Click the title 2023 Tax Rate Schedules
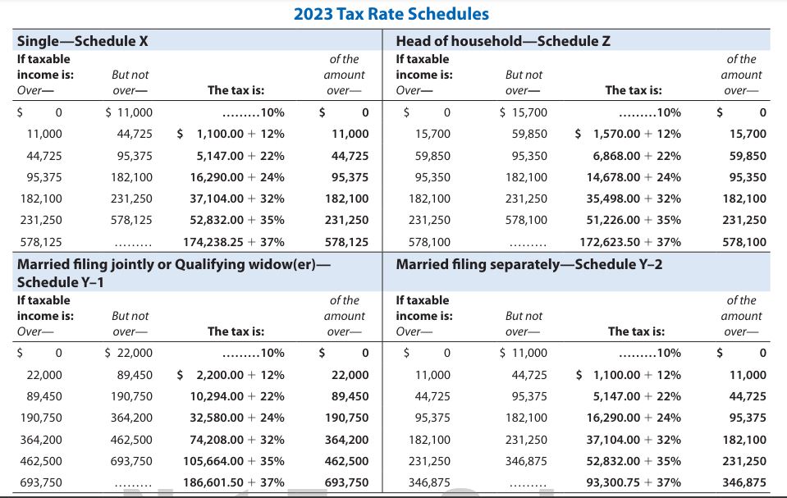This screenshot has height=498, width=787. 391,14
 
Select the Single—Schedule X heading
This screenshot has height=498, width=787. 82,41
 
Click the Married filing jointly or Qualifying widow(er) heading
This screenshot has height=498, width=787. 173,264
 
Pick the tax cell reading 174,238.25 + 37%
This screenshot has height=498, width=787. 233,242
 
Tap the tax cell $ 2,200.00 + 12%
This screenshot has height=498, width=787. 231,375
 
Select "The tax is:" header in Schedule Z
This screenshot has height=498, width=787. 633,90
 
